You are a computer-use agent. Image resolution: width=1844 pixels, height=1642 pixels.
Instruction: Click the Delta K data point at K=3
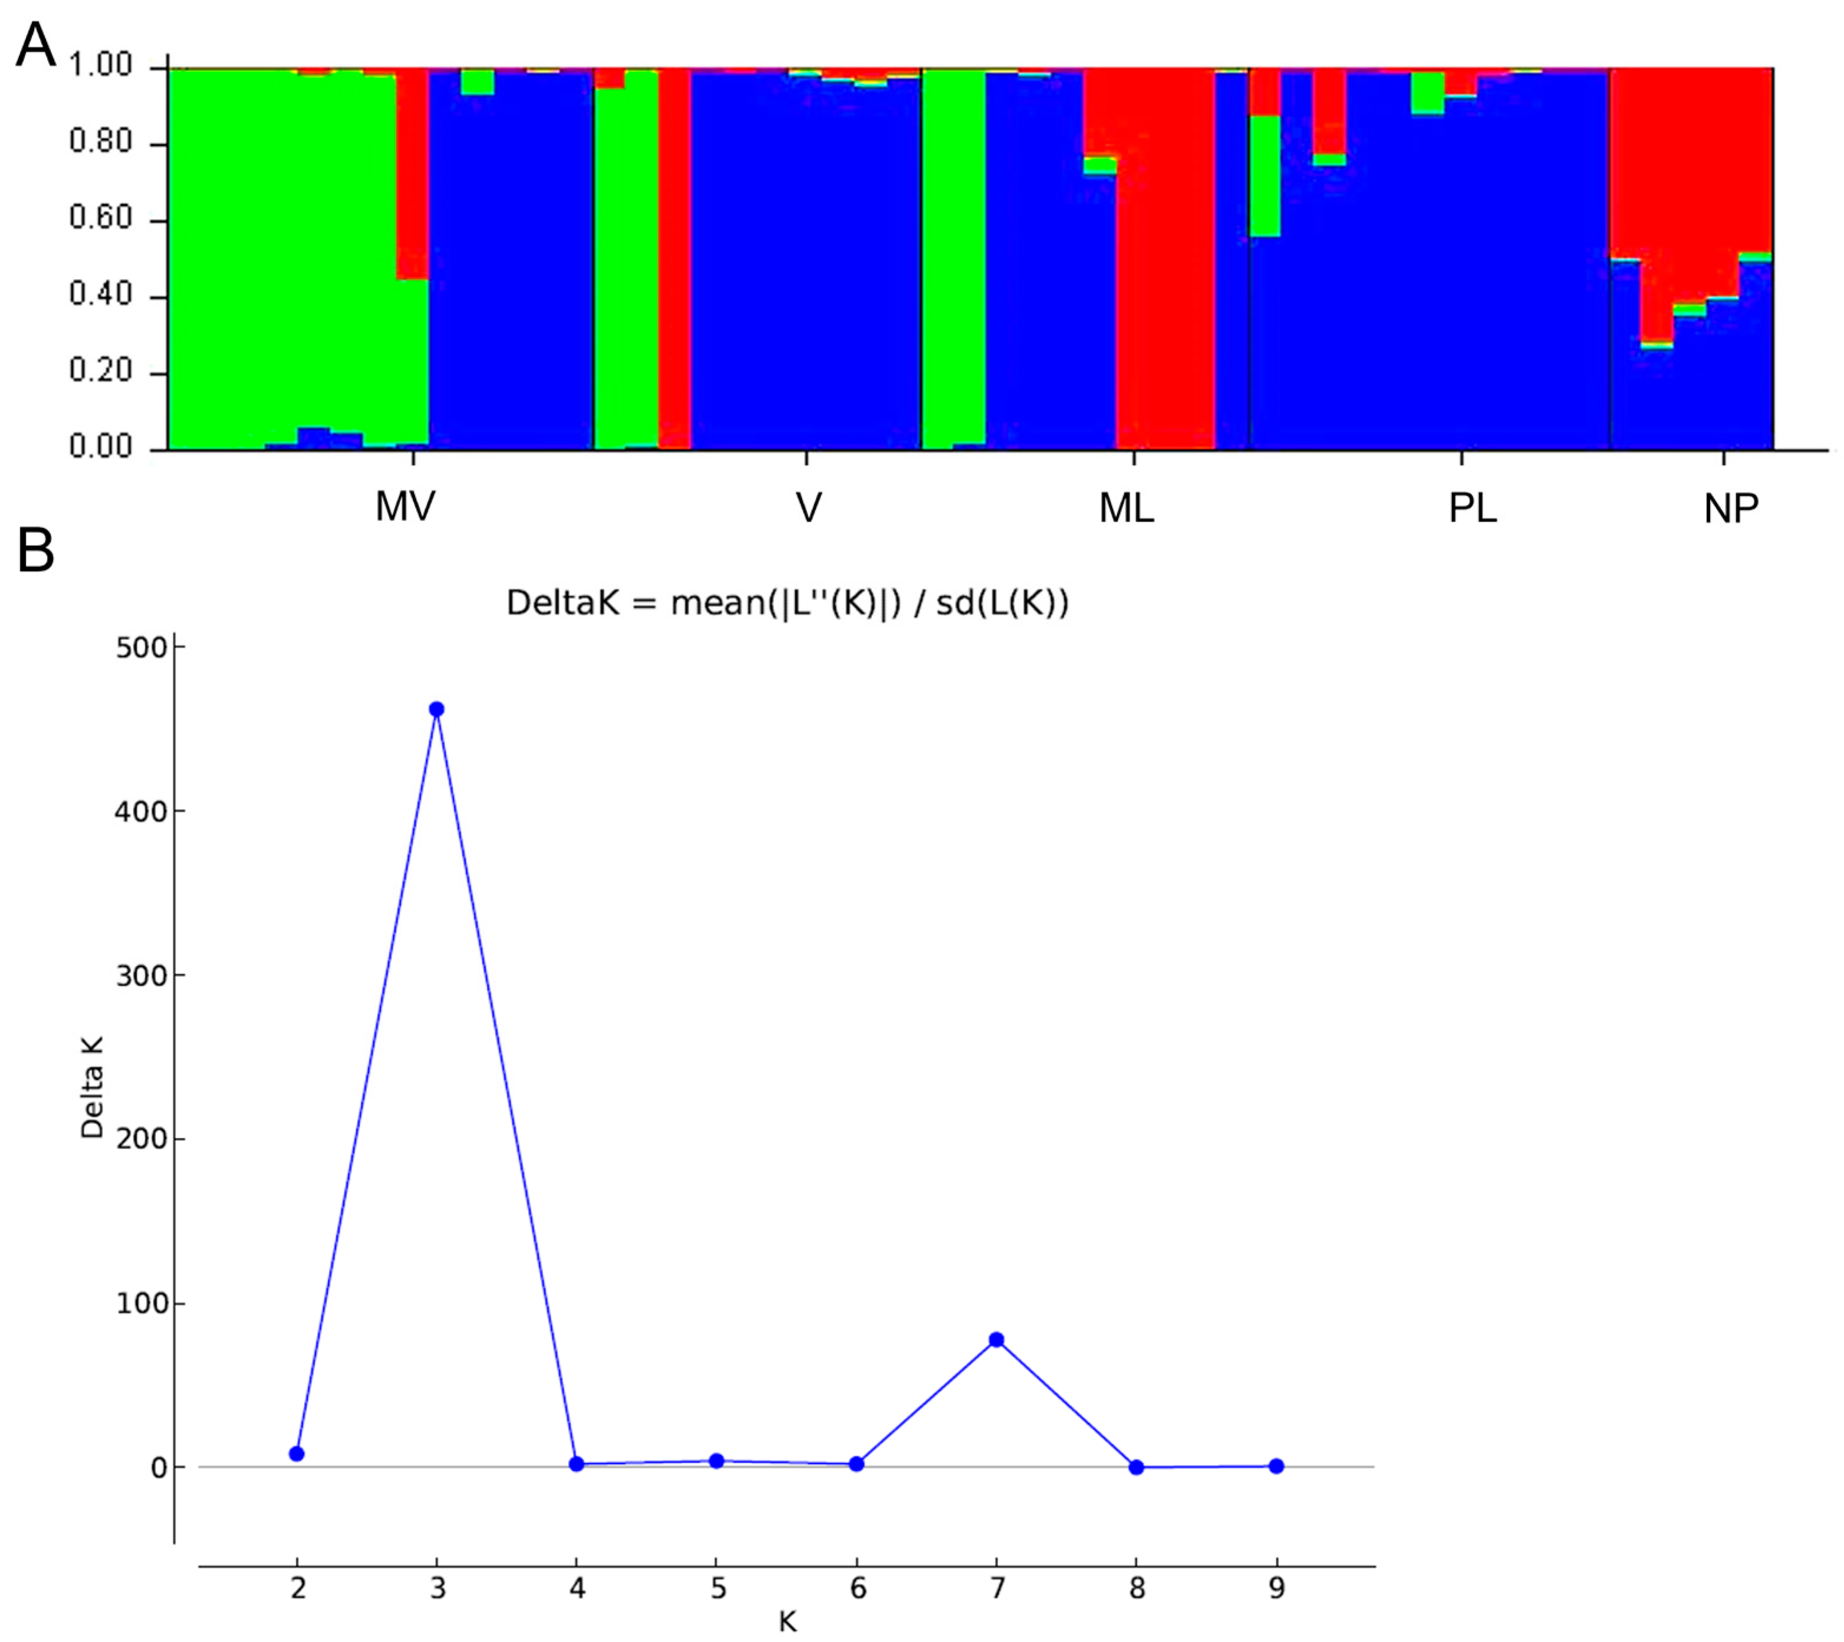(x=437, y=709)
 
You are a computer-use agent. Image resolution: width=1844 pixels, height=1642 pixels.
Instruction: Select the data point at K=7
(x=996, y=1340)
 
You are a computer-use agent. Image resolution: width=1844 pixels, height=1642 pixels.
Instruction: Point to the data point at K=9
(x=1276, y=1466)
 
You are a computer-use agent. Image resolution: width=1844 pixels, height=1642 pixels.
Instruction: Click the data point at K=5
(x=717, y=1460)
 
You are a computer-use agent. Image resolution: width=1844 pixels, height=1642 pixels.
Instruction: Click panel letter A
(x=35, y=45)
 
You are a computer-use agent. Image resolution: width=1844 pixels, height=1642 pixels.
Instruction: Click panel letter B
(x=35, y=551)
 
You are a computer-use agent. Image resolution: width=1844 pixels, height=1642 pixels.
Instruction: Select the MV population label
(x=405, y=508)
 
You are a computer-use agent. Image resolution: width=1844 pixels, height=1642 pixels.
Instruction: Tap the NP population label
(x=1730, y=510)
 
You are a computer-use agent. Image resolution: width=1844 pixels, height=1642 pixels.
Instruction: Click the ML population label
(x=1127, y=510)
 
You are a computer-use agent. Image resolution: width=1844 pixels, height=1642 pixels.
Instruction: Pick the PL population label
(x=1472, y=510)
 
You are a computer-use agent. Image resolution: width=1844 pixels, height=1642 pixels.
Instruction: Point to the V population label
(x=809, y=509)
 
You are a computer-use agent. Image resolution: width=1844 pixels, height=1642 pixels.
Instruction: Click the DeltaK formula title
(x=787, y=603)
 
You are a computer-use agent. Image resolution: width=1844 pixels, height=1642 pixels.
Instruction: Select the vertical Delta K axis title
(x=92, y=1087)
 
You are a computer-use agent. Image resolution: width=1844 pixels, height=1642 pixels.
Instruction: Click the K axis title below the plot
(x=787, y=1622)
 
